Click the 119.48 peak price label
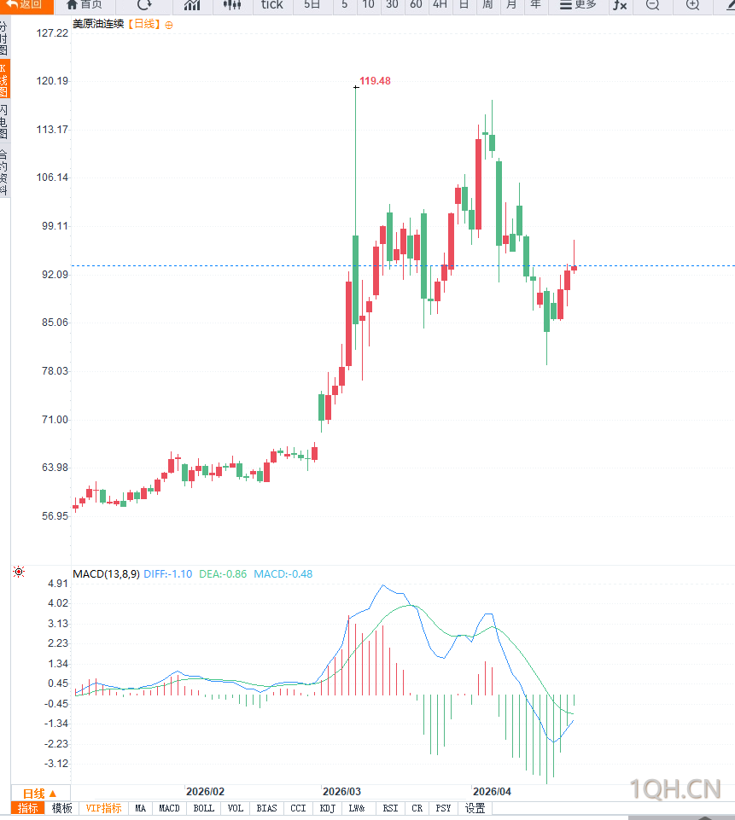[375, 81]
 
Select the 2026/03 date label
[341, 791]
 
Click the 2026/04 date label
[491, 791]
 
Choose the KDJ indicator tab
[327, 808]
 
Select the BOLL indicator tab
[203, 808]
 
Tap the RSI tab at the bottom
[390, 808]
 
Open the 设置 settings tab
[475, 808]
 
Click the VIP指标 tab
[103, 808]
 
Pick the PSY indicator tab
[443, 808]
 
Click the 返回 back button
[25, 5]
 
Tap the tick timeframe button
[271, 5]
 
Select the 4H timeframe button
[440, 5]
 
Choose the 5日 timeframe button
[312, 5]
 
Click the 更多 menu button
[578, 5]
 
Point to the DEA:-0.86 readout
[223, 574]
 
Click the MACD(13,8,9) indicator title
[106, 574]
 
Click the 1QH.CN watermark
[675, 789]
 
